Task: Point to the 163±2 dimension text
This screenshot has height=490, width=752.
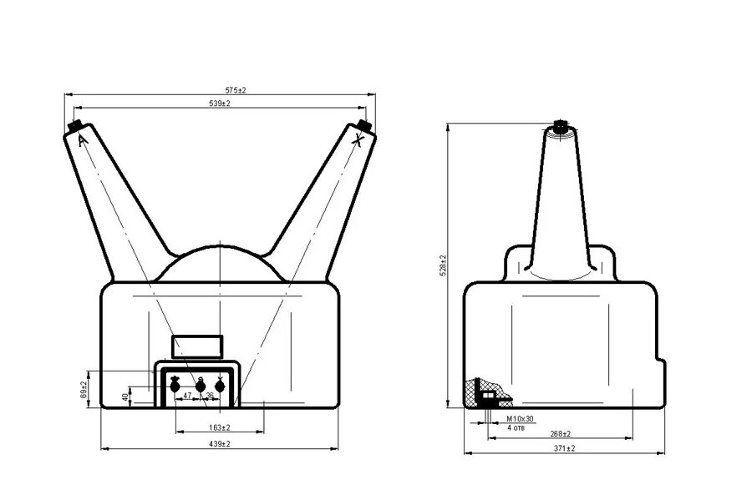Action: pos(219,427)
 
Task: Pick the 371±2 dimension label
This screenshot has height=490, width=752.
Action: pos(565,448)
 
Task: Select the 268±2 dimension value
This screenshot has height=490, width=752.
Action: pos(560,433)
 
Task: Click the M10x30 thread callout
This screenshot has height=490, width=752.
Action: pos(520,418)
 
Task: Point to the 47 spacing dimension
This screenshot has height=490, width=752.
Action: pos(188,395)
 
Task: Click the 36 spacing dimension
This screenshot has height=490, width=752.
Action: pos(209,396)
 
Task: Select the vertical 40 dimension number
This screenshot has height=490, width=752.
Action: pos(125,397)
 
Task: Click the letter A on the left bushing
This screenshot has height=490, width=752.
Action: pos(82,141)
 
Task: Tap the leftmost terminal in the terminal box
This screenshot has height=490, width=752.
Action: pos(175,385)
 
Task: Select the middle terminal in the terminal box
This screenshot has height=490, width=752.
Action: pos(200,385)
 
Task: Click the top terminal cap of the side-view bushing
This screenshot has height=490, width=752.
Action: pos(560,127)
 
